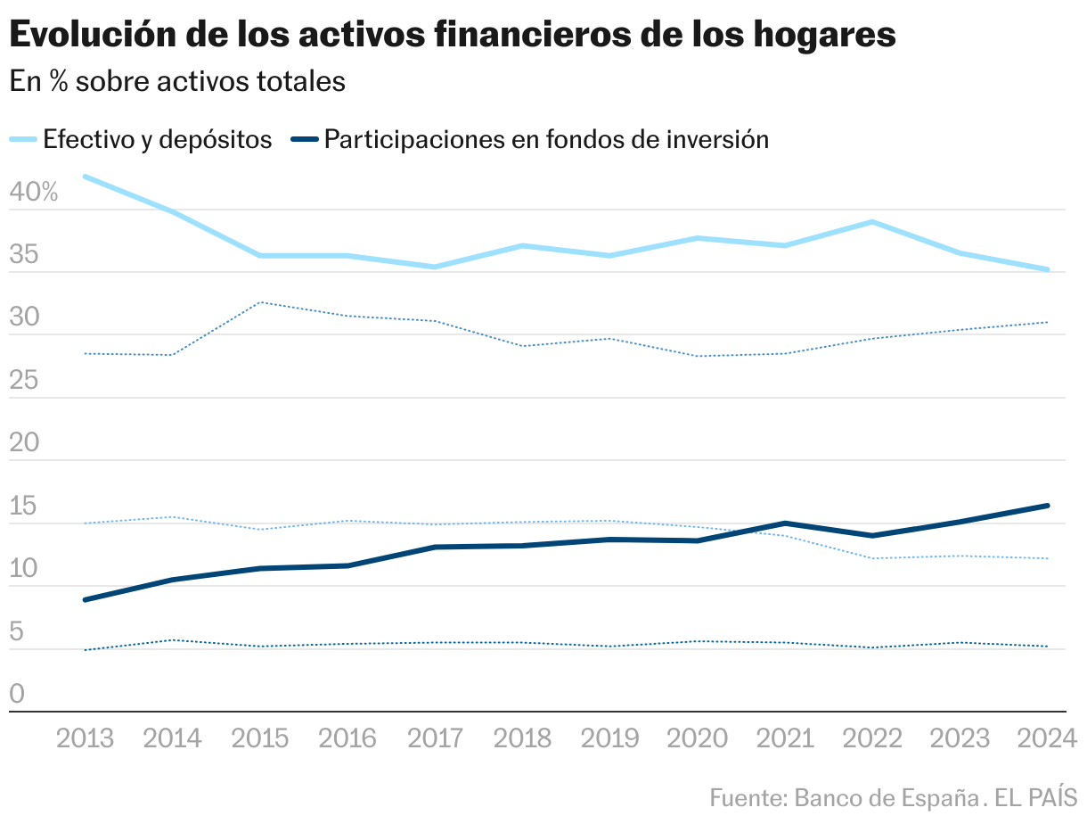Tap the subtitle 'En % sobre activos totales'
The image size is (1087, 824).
point(176,81)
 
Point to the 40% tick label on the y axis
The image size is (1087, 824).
point(34,192)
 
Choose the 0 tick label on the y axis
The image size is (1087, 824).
point(17,694)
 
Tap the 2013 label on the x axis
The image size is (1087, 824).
point(85,738)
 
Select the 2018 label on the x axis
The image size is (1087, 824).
point(522,738)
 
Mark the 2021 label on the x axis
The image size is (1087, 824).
point(785,738)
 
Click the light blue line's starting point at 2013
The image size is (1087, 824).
point(85,177)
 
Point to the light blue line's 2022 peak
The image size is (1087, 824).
point(872,221)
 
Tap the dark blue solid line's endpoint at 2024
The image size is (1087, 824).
point(1048,506)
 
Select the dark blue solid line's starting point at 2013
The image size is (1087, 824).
point(85,600)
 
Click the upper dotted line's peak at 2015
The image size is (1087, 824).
point(260,302)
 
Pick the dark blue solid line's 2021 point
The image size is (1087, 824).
point(785,523)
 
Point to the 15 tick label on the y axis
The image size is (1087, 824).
point(24,506)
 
